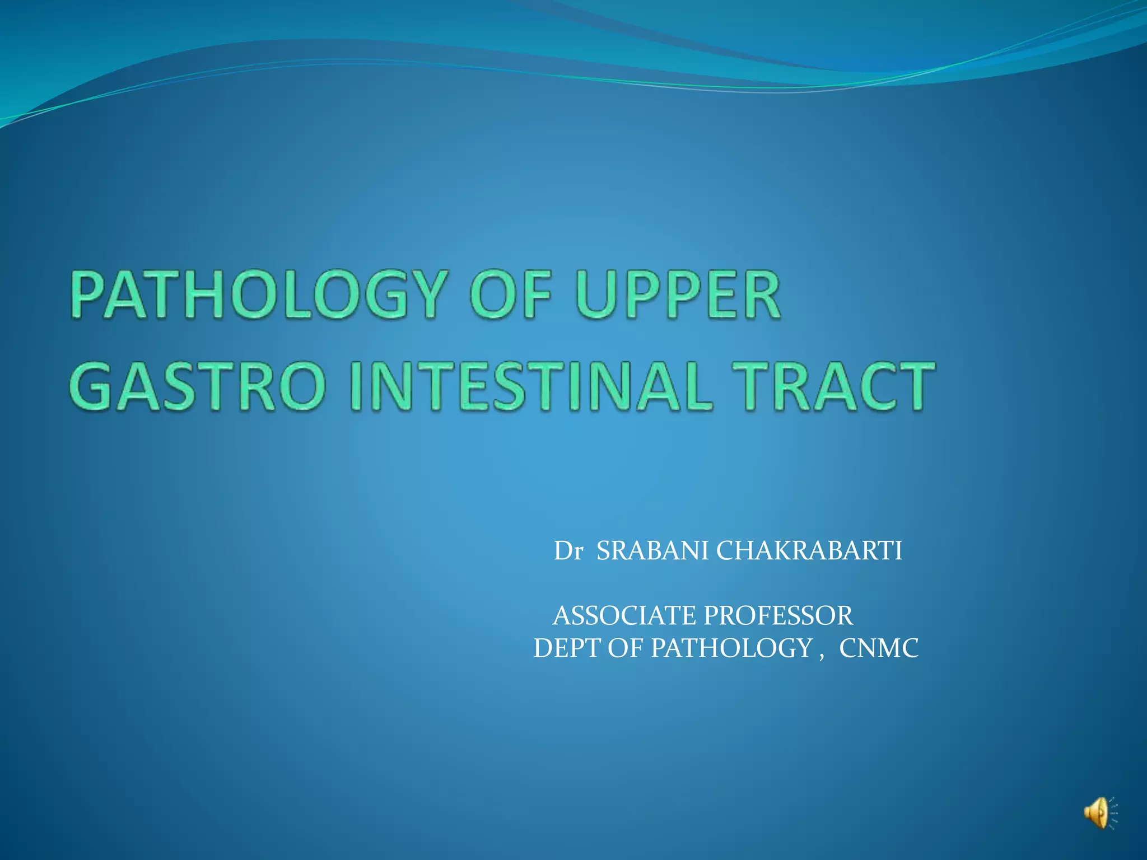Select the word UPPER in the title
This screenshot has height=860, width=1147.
click(x=678, y=295)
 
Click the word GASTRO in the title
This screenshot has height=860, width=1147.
click(x=198, y=386)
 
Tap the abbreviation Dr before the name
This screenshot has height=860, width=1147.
click(x=568, y=551)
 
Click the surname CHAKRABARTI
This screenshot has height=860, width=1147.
click(x=809, y=551)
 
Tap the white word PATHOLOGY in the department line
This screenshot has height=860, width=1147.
click(x=731, y=648)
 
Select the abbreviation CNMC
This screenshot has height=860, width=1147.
click(x=879, y=648)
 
